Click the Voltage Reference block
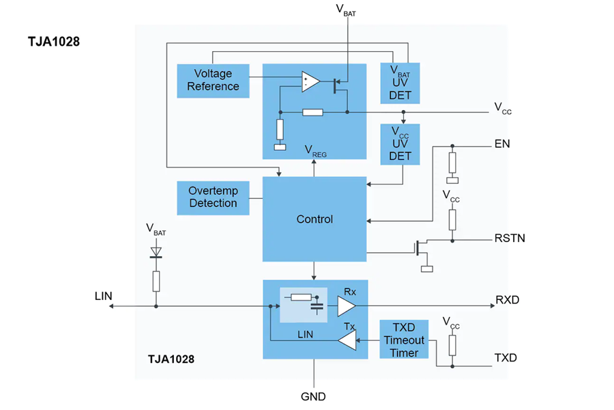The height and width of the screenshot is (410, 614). click(x=213, y=81)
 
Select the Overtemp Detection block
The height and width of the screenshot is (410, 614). click(x=213, y=197)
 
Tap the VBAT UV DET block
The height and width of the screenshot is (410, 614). click(x=400, y=83)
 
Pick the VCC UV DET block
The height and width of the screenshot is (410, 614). click(x=400, y=144)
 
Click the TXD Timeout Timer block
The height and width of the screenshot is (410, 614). click(x=404, y=340)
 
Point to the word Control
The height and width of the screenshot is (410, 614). click(x=315, y=219)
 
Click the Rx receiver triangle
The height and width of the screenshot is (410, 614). click(x=347, y=306)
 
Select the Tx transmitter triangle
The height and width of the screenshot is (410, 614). click(x=347, y=340)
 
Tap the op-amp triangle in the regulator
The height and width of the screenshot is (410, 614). click(x=310, y=81)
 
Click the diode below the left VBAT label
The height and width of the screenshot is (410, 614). click(x=156, y=252)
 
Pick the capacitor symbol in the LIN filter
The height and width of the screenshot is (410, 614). click(x=317, y=306)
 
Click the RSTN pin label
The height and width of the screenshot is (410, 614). click(x=510, y=238)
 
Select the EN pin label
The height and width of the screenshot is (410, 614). click(x=502, y=143)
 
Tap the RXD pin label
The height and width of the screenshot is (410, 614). click(x=507, y=300)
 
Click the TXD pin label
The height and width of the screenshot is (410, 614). click(x=506, y=358)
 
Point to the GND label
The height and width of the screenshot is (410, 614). click(x=313, y=396)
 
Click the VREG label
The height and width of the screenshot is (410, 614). click(x=315, y=151)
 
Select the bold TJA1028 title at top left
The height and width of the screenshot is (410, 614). click(x=54, y=42)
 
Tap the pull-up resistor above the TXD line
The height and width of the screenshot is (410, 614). click(x=452, y=345)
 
